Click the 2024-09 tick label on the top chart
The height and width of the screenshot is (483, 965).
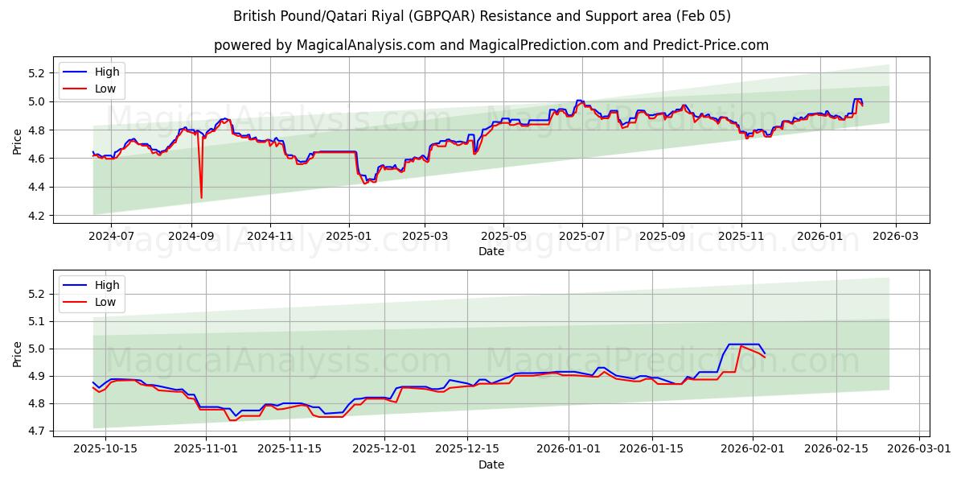point(191,236)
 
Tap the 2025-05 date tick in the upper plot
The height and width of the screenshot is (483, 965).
point(503,236)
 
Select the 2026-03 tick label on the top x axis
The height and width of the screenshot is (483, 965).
point(896,236)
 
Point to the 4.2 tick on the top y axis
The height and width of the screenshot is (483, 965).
point(35,216)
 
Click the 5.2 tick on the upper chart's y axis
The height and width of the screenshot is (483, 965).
point(35,73)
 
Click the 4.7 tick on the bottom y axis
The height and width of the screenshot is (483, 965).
point(35,431)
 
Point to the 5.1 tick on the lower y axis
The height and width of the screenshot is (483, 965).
point(35,322)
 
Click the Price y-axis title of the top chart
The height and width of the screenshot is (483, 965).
point(18,142)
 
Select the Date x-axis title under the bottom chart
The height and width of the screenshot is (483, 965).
point(491,464)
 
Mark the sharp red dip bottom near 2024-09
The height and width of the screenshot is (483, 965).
point(201,197)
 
